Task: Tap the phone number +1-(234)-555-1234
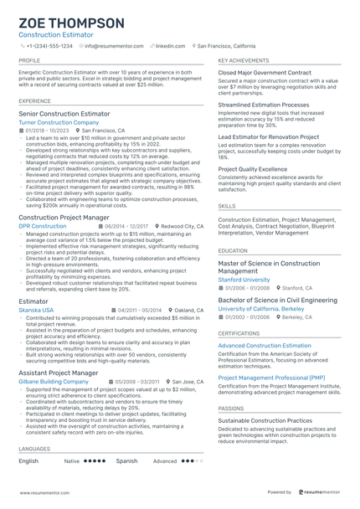49,46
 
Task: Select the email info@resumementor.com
116,46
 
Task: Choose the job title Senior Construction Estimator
64,113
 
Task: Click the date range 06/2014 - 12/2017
126,226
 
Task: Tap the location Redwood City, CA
182,226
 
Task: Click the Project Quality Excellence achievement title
252,168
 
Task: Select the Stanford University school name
244,280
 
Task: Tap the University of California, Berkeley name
261,309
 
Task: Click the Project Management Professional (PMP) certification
271,378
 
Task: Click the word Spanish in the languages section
126,460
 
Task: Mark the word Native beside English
72,460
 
